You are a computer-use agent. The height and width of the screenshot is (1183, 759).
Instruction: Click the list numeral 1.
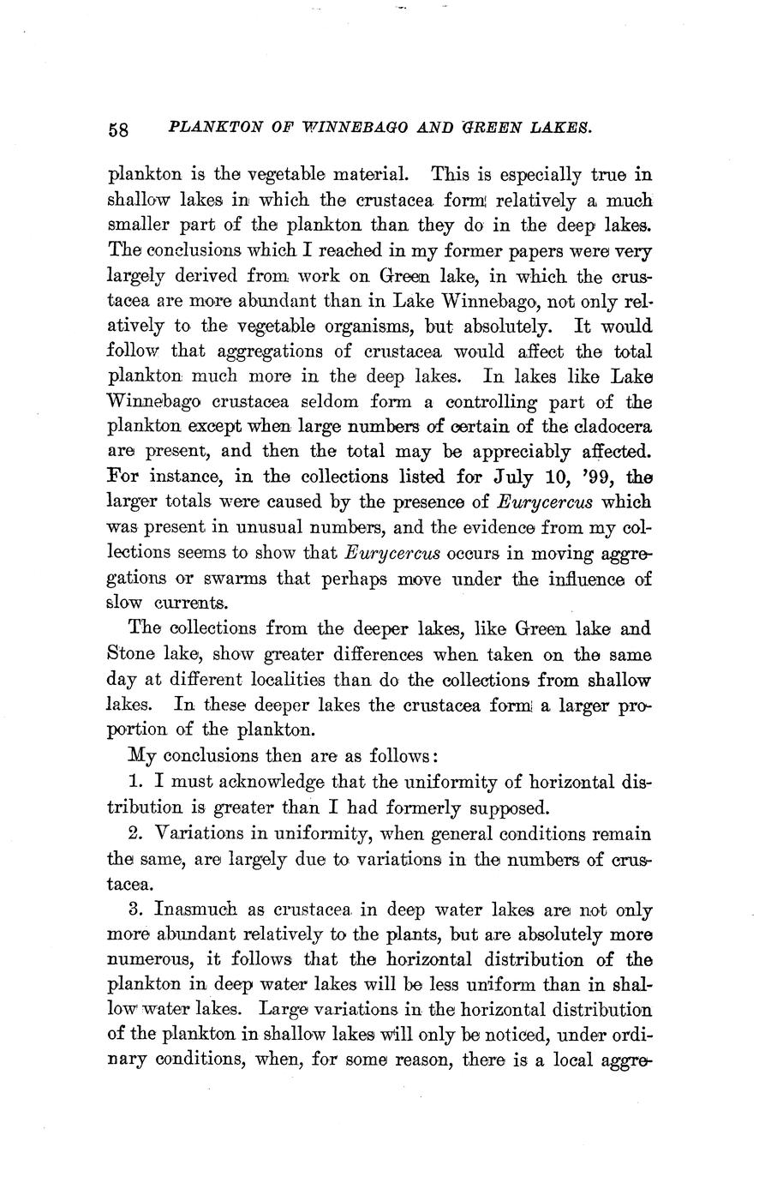coord(135,782)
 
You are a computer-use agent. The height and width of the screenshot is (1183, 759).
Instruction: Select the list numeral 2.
coord(135,833)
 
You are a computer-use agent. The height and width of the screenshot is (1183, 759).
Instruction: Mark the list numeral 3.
coord(135,910)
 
